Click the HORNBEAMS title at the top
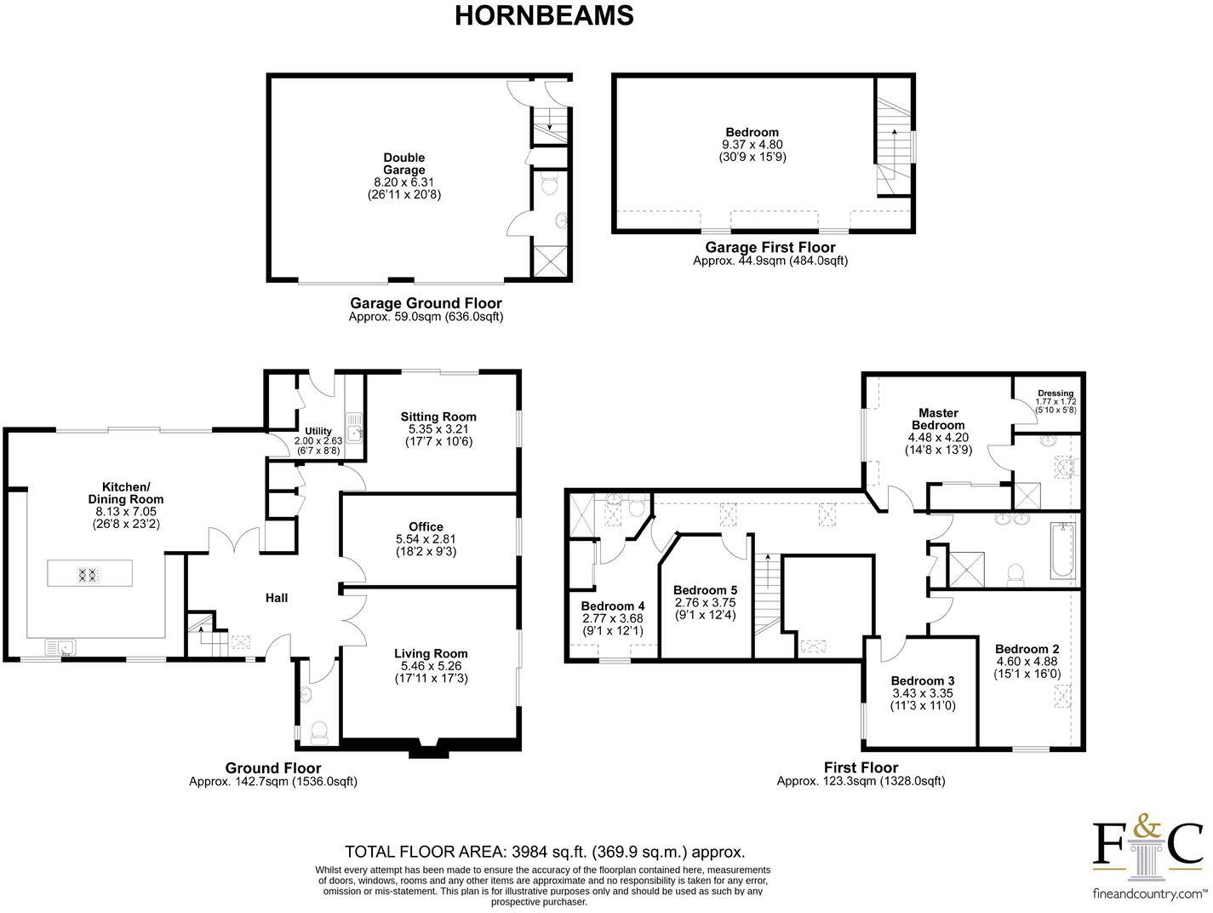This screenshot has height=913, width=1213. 544,16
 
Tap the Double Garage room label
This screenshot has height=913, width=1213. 403,164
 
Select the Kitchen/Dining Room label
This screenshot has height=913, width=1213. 126,493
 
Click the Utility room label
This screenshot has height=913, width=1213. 318,431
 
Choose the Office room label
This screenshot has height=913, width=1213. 426,526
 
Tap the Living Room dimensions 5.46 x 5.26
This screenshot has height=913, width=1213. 431,666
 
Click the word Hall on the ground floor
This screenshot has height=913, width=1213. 277,598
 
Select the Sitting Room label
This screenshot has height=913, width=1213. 438,416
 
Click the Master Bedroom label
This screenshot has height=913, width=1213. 938,419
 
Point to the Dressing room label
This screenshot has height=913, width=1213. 1056,393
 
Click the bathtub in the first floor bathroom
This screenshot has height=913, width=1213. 1061,551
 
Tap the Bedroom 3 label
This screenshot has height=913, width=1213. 923,680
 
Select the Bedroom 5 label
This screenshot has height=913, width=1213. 705,590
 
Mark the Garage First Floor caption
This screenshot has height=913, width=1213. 770,248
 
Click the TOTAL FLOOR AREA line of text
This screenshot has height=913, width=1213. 545,852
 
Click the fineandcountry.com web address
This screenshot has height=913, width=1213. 1148,894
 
